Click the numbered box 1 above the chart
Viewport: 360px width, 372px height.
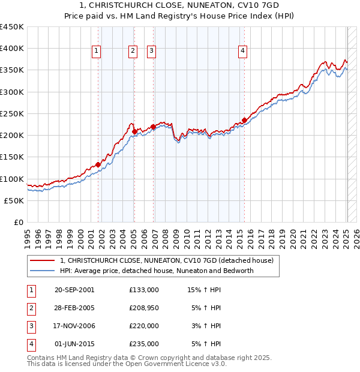(96, 52)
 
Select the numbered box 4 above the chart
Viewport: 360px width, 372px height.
(243, 52)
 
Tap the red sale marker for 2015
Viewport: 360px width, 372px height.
(244, 120)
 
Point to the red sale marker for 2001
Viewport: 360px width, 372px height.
(98, 164)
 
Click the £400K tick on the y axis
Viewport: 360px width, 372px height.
(12, 49)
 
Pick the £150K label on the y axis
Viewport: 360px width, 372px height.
(12, 157)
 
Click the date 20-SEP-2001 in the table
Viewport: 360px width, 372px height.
(74, 290)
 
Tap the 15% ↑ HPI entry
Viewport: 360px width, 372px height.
(204, 290)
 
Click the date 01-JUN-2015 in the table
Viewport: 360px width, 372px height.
(74, 344)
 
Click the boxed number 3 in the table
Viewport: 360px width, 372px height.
(31, 326)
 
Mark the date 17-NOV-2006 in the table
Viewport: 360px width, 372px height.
(74, 326)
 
